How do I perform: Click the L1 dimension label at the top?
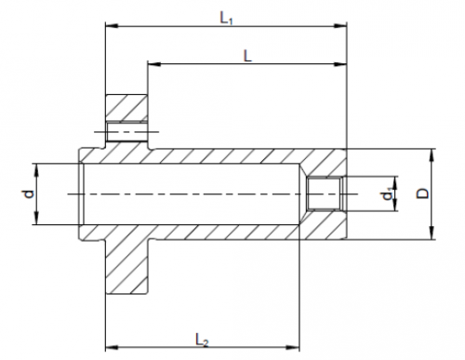[x=226, y=18]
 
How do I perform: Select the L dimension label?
[x=247, y=57]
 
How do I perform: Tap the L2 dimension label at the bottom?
[x=202, y=340]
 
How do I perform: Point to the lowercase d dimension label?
[x=29, y=194]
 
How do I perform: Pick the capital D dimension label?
[x=422, y=193]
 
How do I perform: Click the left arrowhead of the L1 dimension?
[x=112, y=26]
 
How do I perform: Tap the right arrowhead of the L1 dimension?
[x=339, y=26]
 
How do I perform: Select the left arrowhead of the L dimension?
[x=154, y=64]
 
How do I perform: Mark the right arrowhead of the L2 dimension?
[x=293, y=347]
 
